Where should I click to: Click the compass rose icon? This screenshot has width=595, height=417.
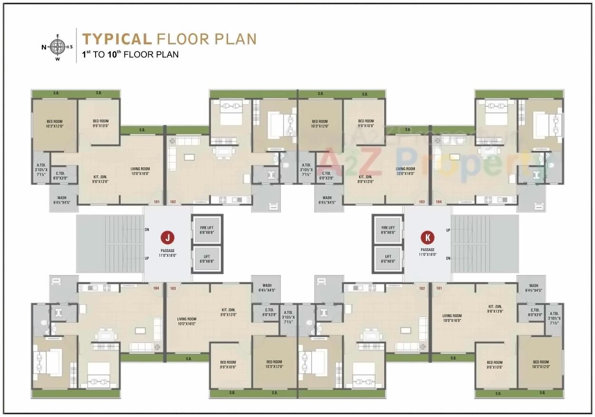pyautogui.click(x=58, y=47)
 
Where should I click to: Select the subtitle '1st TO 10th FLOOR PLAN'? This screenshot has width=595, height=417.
pyautogui.click(x=130, y=54)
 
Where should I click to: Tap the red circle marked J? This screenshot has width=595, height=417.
pyautogui.click(x=167, y=237)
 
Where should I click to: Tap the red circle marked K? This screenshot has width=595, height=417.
pyautogui.click(x=428, y=237)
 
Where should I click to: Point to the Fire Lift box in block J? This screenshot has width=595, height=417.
pyautogui.click(x=207, y=230)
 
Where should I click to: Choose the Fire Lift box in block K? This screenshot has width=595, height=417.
pyautogui.click(x=388, y=230)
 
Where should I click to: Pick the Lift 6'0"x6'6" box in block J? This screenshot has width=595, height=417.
pyautogui.click(x=207, y=259)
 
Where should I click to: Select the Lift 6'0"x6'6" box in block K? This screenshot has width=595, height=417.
pyautogui.click(x=388, y=259)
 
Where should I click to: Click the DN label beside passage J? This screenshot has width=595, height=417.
pyautogui.click(x=147, y=230)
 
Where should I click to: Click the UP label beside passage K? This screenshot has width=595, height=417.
pyautogui.click(x=448, y=230)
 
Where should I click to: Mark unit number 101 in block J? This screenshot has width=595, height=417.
pyautogui.click(x=154, y=202)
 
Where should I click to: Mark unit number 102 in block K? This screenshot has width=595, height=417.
pyautogui.click(x=422, y=288)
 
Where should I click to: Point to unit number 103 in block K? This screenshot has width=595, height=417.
pyautogui.click(x=422, y=202)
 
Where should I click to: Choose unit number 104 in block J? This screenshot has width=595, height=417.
pyautogui.click(x=155, y=288)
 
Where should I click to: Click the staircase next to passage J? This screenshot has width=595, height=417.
pyautogui.click(x=110, y=244)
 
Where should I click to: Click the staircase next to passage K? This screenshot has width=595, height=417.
pyautogui.click(x=484, y=244)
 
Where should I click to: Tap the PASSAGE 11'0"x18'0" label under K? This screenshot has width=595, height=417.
pyautogui.click(x=428, y=252)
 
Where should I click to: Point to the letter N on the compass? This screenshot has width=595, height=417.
pyautogui.click(x=44, y=47)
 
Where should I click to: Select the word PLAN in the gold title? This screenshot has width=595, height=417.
pyautogui.click(x=235, y=39)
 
